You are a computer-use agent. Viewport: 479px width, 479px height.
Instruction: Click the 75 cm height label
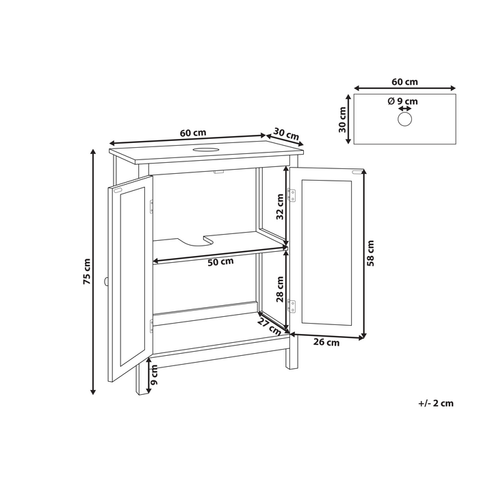point(87,271)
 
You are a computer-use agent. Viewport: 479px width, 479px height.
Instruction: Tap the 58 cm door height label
point(370,253)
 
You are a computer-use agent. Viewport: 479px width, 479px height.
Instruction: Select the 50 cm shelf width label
point(220,262)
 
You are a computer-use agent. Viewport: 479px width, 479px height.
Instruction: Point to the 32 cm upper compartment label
point(280,207)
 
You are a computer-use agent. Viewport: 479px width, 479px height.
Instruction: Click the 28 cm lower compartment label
point(280,289)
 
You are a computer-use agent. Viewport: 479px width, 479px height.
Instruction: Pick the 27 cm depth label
point(269,326)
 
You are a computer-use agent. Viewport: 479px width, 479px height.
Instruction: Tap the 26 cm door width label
point(326,342)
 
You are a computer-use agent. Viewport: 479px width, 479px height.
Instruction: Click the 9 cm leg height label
point(154,374)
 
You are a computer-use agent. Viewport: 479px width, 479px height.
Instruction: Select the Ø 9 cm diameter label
point(402,101)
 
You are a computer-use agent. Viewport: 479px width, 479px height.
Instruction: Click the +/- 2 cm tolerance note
point(436,403)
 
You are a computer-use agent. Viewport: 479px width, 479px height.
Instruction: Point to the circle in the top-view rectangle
point(405,118)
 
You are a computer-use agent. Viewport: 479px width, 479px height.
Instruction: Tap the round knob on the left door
point(106,282)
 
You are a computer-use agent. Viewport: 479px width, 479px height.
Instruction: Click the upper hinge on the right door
point(292,195)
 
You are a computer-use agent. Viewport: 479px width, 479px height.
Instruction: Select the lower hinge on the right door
point(292,306)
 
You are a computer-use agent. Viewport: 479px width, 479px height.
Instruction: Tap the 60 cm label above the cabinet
point(193,133)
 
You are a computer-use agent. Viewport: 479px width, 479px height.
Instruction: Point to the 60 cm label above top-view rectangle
point(405,82)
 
